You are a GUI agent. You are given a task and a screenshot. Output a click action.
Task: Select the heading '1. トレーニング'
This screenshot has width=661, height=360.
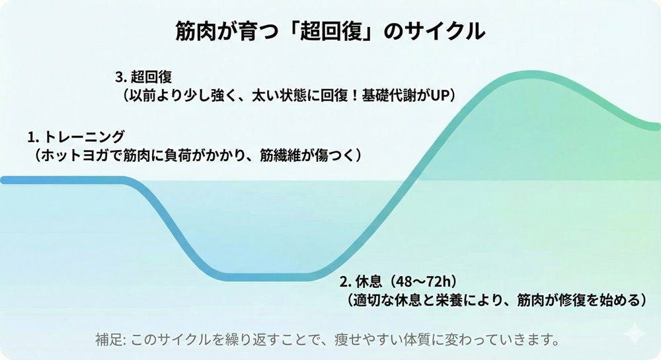76,137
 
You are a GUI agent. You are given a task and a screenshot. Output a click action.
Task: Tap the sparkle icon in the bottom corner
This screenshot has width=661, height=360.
635,334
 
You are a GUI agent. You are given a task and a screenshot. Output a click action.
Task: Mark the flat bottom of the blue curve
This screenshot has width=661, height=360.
271,276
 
